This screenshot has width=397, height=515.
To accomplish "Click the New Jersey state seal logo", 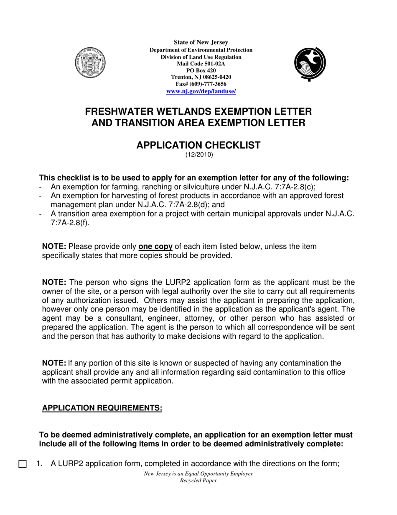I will pyautogui.click(x=90, y=63).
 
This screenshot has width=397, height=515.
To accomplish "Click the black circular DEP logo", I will pyautogui.click(x=310, y=63).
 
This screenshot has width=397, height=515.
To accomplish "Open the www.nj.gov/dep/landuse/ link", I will pyautogui.click(x=201, y=91).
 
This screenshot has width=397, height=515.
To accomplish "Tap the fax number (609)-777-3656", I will pyautogui.click(x=208, y=84).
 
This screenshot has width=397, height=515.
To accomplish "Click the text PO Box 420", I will pyautogui.click(x=201, y=70).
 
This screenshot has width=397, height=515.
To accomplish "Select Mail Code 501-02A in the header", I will pyautogui.click(x=201, y=64).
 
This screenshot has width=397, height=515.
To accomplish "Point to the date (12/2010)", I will pyautogui.click(x=199, y=154).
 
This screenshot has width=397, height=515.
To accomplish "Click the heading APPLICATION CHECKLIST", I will pyautogui.click(x=198, y=145).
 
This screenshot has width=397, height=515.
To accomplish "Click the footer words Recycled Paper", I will pyautogui.click(x=198, y=481).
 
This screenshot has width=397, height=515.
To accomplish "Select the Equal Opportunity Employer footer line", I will pyautogui.click(x=198, y=474).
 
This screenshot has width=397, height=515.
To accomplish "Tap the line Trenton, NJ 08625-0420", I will pyautogui.click(x=201, y=77).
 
